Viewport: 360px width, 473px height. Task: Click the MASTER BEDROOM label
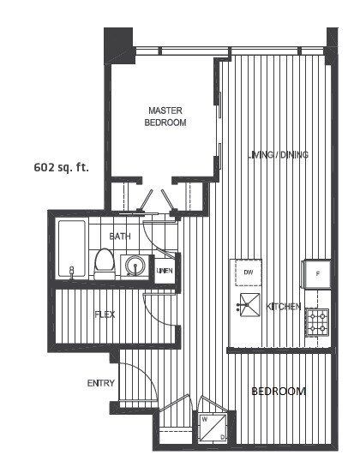click(x=165, y=117)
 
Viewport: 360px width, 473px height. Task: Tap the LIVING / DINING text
click(x=279, y=155)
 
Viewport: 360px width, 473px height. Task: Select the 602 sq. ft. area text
click(x=61, y=167)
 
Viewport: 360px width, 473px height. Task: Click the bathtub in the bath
click(x=72, y=248)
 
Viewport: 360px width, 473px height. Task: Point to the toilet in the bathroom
click(x=105, y=264)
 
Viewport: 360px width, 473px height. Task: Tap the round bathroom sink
click(x=135, y=266)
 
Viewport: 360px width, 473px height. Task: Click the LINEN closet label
click(x=165, y=271)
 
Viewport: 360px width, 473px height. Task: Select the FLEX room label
click(x=105, y=314)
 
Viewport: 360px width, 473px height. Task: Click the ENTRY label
click(x=101, y=383)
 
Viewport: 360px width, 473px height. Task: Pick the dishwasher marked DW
click(x=248, y=272)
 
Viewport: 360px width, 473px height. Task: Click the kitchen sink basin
click(x=249, y=305)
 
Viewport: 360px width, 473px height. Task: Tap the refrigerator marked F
click(x=316, y=274)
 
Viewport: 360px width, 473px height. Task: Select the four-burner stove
click(x=317, y=322)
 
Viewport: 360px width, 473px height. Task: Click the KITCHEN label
click(x=284, y=307)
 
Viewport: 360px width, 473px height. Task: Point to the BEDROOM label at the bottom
click(x=279, y=392)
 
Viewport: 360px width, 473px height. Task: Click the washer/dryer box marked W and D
click(x=213, y=428)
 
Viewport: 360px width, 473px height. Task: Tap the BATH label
click(x=120, y=236)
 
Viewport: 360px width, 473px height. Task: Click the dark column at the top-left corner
click(x=119, y=45)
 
